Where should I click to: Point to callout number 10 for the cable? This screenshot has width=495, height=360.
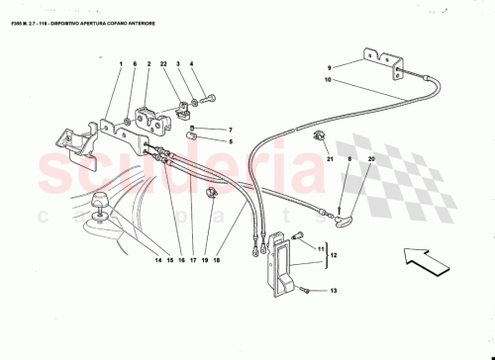click(329, 80)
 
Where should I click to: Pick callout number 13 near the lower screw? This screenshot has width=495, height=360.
click(334, 291)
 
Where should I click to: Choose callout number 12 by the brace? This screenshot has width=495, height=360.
click(333, 254)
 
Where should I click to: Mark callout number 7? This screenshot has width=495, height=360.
click(229, 130)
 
